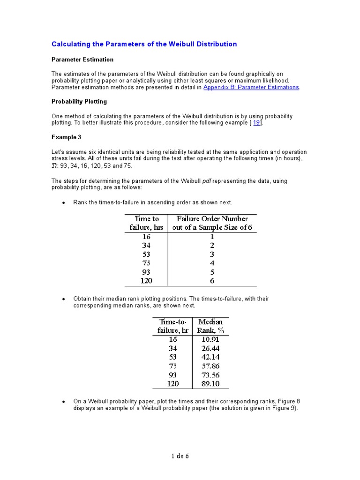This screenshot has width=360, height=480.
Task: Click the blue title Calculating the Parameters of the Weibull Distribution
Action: pos(144,44)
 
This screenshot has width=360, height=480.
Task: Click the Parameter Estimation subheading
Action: pos(82,60)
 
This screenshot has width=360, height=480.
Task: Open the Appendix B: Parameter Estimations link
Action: pos(251,87)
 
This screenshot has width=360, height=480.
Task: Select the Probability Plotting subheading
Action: pos(79,101)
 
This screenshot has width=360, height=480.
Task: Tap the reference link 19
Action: pos(256,122)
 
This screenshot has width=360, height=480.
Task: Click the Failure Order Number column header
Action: pos(212,223)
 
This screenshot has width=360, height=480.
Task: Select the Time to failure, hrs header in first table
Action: pos(146,223)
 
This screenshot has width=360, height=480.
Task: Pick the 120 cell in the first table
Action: pos(146,281)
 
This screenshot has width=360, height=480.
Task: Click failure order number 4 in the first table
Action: pos(212,263)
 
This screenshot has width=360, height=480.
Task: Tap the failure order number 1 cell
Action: pos(212,237)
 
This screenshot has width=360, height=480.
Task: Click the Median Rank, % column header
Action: pos(210,326)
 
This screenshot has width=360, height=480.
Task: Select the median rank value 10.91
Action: pos(210,339)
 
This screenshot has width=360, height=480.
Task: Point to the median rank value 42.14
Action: pos(210,357)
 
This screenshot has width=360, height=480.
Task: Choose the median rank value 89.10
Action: pos(210,383)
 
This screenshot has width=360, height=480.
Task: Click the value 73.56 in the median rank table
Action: pos(210,375)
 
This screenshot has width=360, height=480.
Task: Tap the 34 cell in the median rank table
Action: pos(173,348)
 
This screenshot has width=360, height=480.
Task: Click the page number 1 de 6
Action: pos(180,456)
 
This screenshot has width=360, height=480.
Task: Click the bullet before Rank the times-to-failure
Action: pos(63,202)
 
